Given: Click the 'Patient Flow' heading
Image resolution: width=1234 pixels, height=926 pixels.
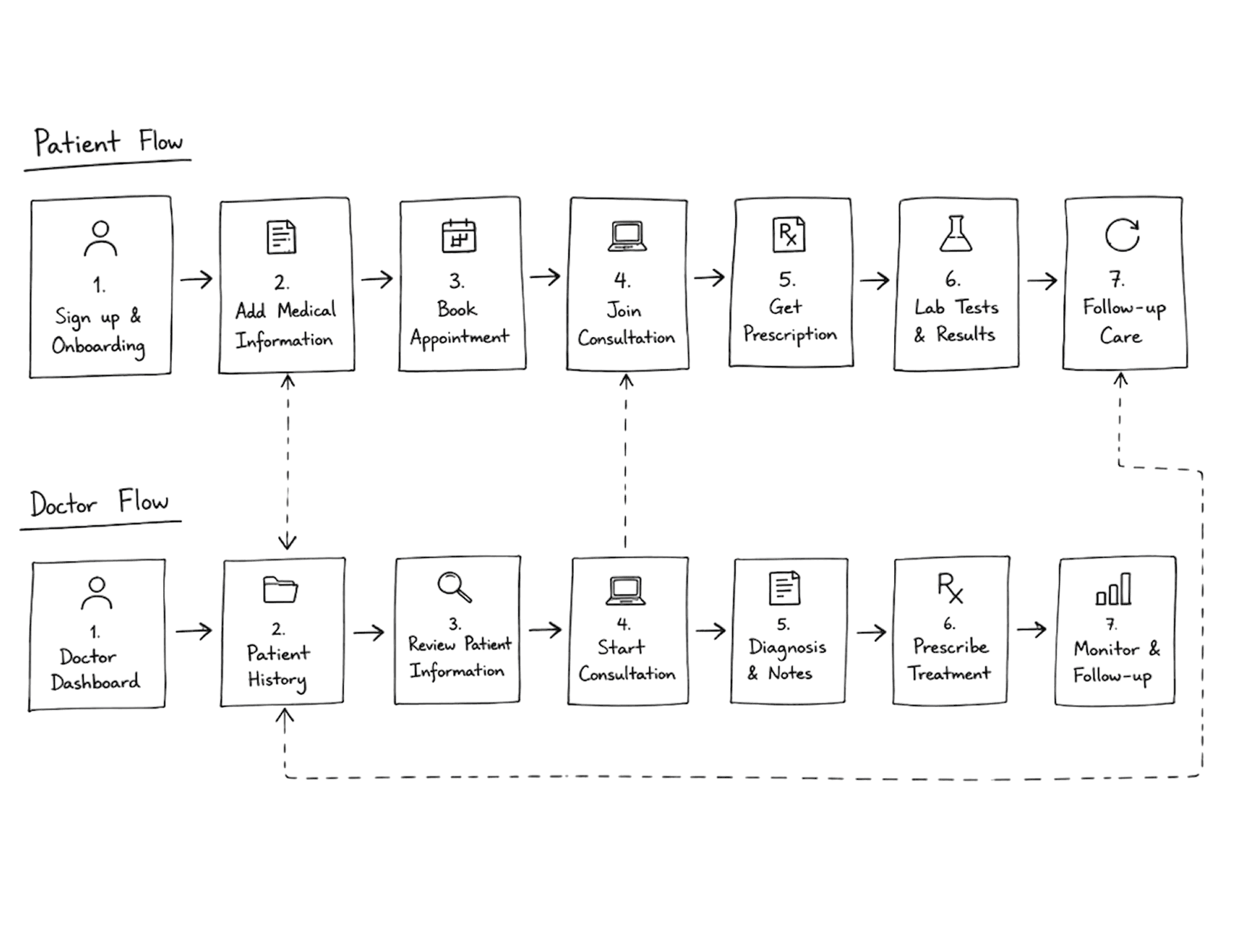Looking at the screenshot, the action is pyautogui.click(x=109, y=142).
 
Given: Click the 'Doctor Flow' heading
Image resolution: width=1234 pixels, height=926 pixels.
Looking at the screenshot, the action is pyautogui.click(x=100, y=502).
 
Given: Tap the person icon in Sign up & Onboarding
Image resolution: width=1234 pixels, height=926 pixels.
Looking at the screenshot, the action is pyautogui.click(x=100, y=239).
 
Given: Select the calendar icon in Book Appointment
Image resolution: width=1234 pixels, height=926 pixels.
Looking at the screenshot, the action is pyautogui.click(x=459, y=235).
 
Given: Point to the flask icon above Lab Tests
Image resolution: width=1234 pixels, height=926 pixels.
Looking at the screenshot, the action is pyautogui.click(x=956, y=233).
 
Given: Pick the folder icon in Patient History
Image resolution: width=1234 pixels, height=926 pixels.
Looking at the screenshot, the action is pyautogui.click(x=280, y=589).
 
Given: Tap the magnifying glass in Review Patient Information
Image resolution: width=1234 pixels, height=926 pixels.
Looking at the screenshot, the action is pyautogui.click(x=454, y=586).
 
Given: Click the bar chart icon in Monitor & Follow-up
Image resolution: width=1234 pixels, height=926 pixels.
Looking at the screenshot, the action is pyautogui.click(x=1114, y=588).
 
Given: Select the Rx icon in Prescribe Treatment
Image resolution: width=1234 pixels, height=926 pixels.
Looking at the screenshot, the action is pyautogui.click(x=950, y=588).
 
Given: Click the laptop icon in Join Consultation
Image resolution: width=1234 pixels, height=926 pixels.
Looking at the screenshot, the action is pyautogui.click(x=627, y=236).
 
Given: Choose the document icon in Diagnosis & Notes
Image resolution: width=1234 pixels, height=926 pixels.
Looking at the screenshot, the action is pyautogui.click(x=785, y=588).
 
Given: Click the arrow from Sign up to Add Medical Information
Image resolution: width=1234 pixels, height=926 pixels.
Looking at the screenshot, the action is pyautogui.click(x=196, y=279).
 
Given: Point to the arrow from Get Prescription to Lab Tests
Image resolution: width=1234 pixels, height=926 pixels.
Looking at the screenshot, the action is pyautogui.click(x=875, y=280).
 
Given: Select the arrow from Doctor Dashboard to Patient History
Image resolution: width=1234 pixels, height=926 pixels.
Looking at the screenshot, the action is pyautogui.click(x=193, y=631).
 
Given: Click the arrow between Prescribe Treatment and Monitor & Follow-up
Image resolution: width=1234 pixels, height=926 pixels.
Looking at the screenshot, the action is pyautogui.click(x=1032, y=629).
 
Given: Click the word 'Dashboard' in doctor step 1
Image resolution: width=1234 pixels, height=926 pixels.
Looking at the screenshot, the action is pyautogui.click(x=95, y=682).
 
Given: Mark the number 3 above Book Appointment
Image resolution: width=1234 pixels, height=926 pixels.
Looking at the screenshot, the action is pyautogui.click(x=456, y=281).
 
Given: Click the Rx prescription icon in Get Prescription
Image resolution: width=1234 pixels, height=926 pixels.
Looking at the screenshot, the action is pyautogui.click(x=789, y=234).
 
